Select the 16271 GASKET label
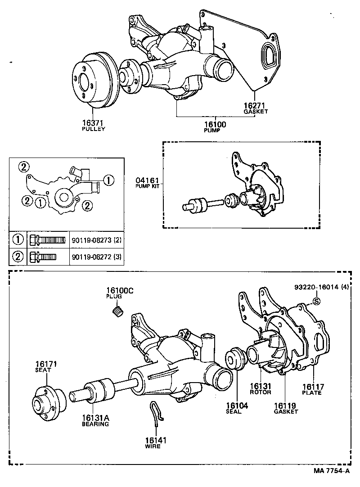(255, 108)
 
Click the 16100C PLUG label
(120, 293)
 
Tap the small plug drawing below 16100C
(118, 311)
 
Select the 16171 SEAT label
(46, 366)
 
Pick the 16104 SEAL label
(237, 408)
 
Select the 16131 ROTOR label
(261, 388)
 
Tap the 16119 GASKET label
(286, 408)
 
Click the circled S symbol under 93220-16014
(316, 301)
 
